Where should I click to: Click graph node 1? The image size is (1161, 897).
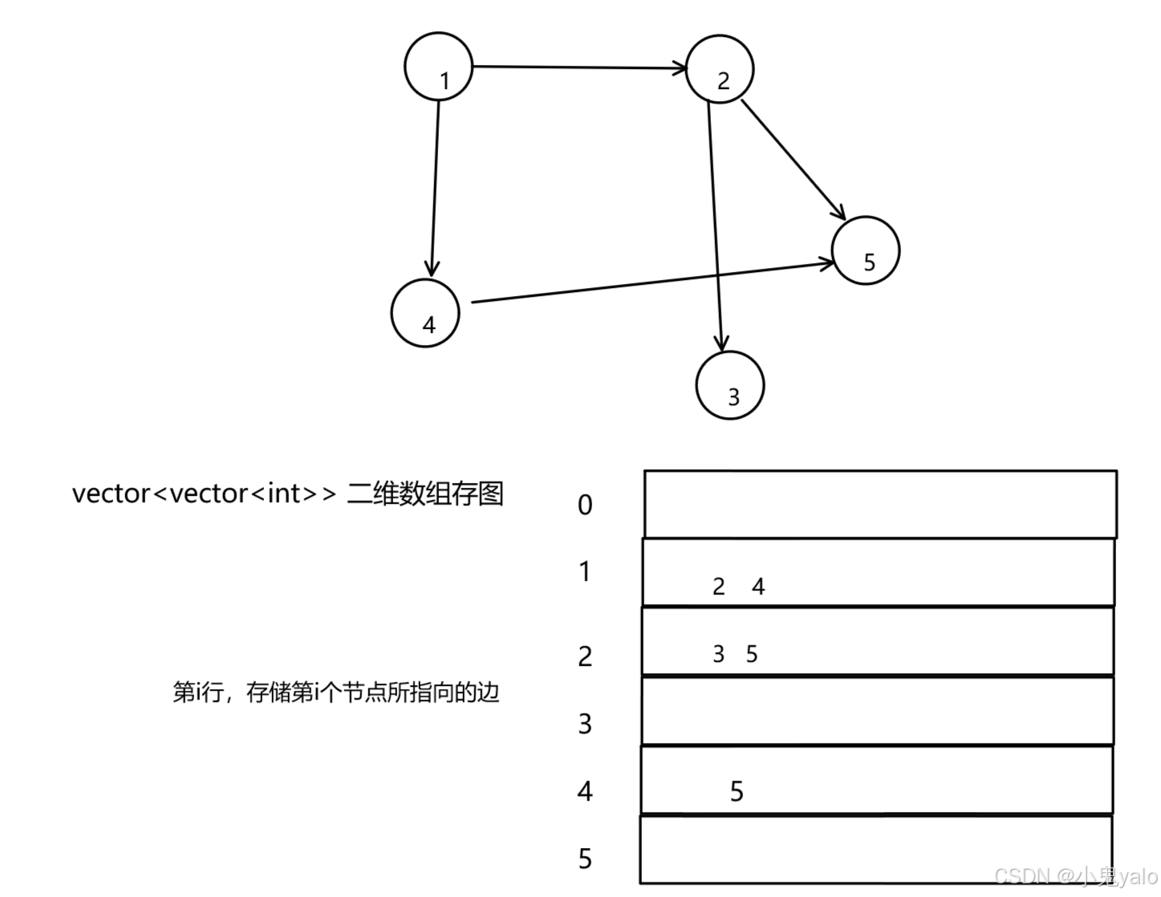[438, 67]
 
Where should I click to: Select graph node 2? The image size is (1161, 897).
[720, 70]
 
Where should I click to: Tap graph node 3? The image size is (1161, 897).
[730, 385]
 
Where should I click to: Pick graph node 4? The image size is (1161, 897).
[425, 313]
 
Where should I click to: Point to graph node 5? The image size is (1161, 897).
[867, 250]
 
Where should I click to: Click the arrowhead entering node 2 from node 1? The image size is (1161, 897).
[680, 68]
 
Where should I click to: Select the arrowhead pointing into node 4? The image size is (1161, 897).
[432, 270]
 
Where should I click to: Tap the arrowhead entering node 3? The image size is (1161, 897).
[723, 345]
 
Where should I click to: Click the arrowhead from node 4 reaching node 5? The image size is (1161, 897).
[826, 262]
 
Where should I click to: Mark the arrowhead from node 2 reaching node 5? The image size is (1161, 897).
[839, 213]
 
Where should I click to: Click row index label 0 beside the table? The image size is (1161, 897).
[585, 505]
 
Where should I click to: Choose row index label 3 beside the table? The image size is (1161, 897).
[585, 724]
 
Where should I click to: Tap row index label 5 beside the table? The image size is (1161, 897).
[585, 858]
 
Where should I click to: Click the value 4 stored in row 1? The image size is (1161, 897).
[758, 586]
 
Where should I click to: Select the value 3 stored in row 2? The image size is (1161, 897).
[718, 654]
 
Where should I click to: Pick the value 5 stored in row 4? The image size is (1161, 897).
[737, 792]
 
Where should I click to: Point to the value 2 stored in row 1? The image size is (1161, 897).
[718, 586]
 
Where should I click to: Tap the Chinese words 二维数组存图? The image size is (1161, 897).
[425, 493]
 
